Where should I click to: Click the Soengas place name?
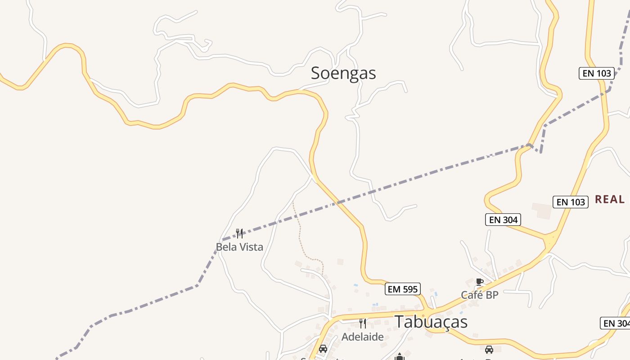(343, 73)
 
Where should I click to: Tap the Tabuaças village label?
(431, 322)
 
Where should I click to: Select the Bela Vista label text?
(239, 247)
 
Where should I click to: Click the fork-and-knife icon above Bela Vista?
(239, 233)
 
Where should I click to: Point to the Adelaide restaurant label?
(363, 337)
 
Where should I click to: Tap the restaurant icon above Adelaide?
(363, 323)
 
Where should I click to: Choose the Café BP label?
(480, 295)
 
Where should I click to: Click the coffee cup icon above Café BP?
(480, 282)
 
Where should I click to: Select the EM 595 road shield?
(403, 289)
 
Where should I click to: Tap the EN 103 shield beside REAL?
(571, 202)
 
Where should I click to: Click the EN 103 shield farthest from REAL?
(597, 73)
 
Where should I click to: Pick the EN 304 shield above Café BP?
(503, 220)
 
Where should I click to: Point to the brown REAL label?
(610, 199)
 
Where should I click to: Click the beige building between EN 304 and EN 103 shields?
(542, 211)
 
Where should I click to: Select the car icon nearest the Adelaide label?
(323, 349)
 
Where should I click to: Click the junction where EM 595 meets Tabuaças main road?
(425, 311)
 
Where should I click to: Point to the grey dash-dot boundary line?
(405, 182)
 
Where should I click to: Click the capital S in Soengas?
(316, 73)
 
